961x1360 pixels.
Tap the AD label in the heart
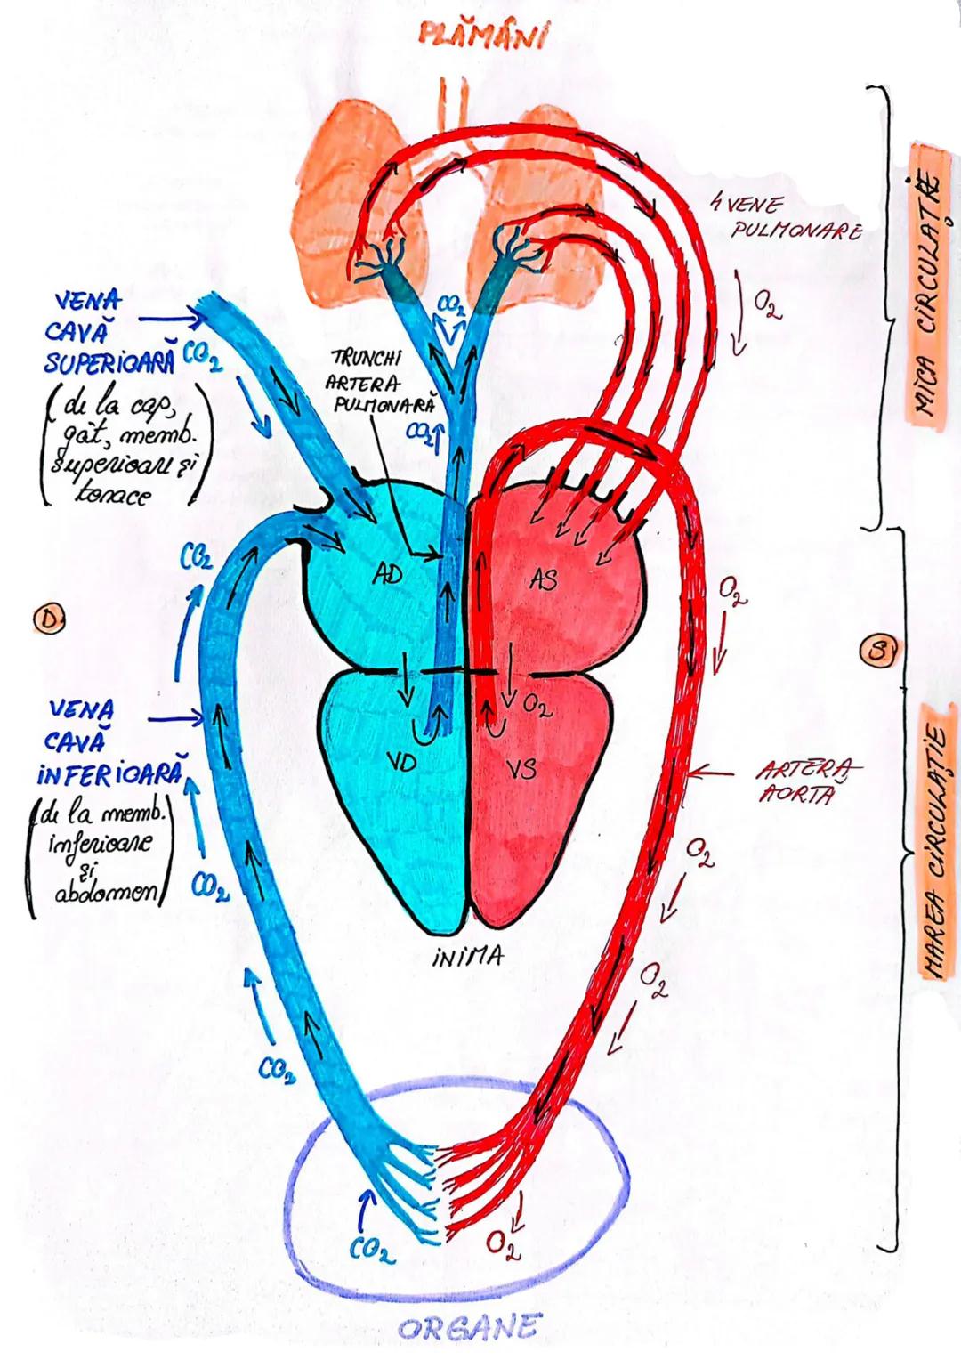[x=388, y=575]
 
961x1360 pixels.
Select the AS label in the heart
[x=544, y=579]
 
